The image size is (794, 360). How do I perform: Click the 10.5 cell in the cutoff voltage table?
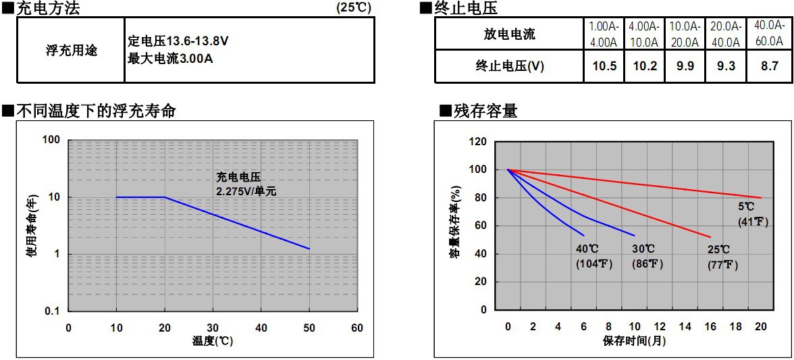point(604,67)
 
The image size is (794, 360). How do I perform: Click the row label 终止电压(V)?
point(510,67)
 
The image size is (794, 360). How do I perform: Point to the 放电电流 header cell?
point(510,34)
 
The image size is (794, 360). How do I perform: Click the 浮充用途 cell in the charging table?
point(72,51)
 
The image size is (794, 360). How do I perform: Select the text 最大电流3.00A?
point(170,57)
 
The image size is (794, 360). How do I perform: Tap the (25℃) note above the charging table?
point(354,8)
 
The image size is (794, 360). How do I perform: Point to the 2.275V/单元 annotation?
point(246,191)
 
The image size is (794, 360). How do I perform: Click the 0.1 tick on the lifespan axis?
point(53,311)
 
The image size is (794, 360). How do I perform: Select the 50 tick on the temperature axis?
point(309,328)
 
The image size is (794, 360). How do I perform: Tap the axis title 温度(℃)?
point(213,341)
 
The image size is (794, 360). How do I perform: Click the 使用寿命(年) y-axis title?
point(30,226)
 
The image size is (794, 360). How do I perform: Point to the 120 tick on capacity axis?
point(478,142)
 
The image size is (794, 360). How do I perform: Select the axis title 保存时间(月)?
point(635,341)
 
